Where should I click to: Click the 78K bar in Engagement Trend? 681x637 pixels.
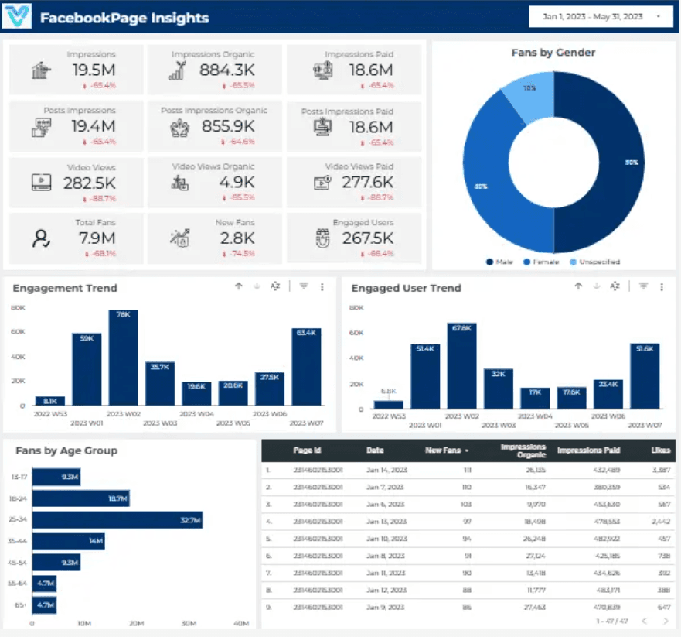pyautogui.click(x=124, y=358)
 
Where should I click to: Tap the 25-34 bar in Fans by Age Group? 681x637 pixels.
pyautogui.click(x=117, y=520)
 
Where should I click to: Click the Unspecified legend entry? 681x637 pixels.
pyautogui.click(x=594, y=262)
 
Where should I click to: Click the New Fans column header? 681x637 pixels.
pyautogui.click(x=446, y=450)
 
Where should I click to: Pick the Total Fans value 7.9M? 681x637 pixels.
pyautogui.click(x=96, y=238)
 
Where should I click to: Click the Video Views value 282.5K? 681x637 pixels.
pyautogui.click(x=89, y=182)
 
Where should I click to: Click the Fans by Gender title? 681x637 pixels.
pyautogui.click(x=553, y=53)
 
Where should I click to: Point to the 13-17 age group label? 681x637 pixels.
pyautogui.click(x=19, y=478)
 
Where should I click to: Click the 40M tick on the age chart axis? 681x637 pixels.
pyautogui.click(x=240, y=622)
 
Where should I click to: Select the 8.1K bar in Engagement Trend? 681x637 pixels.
pyautogui.click(x=50, y=401)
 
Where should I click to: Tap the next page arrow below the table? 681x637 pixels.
pyautogui.click(x=665, y=622)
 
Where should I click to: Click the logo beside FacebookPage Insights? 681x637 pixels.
pyautogui.click(x=17, y=17)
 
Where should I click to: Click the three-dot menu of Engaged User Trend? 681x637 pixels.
pyautogui.click(x=662, y=286)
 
